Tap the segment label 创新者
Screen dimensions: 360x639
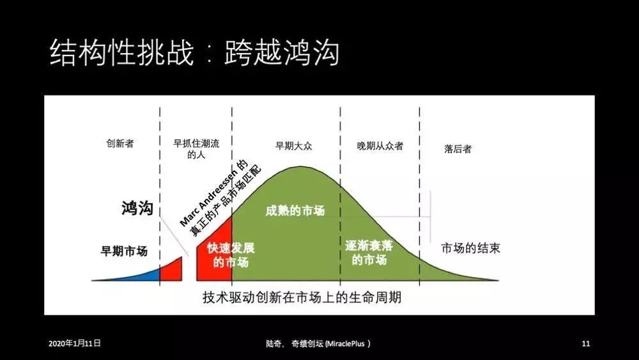[119, 144]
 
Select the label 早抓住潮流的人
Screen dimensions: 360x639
[196, 149]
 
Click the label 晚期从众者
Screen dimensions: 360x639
[380, 146]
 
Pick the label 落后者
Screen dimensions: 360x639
[458, 149]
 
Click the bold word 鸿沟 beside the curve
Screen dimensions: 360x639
[137, 208]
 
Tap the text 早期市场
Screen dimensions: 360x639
[124, 251]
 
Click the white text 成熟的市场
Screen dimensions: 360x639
[295, 212]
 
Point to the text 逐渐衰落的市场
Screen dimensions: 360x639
[369, 253]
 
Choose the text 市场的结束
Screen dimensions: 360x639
[470, 248]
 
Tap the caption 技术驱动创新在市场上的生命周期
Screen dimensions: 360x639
[302, 298]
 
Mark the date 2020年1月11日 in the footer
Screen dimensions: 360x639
[75, 343]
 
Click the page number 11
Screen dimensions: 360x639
[585, 343]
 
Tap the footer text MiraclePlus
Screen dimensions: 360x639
[348, 343]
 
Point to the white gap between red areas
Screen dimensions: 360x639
[189, 269]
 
